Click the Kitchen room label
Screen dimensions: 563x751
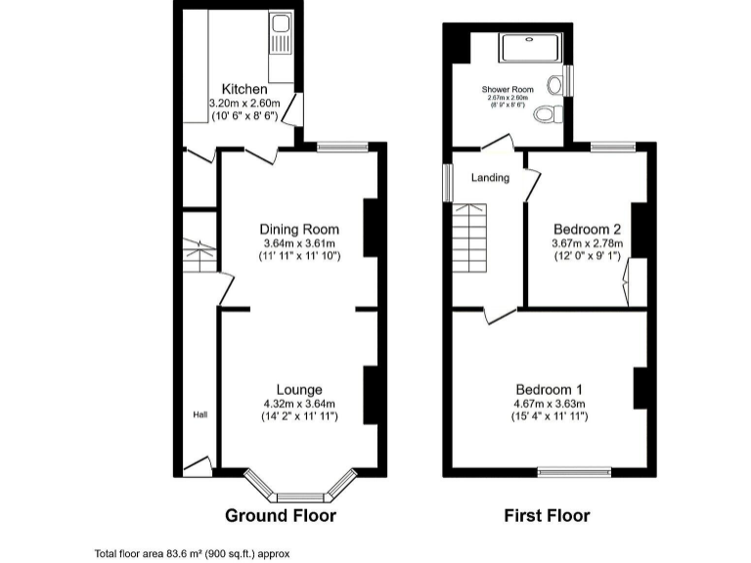(x=243, y=90)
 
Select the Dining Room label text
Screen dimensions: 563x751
(x=298, y=230)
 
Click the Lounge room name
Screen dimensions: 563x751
(x=298, y=390)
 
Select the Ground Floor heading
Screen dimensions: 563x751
(x=281, y=516)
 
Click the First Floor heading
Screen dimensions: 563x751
(x=547, y=516)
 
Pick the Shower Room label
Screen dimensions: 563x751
(x=506, y=89)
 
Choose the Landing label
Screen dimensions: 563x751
(x=490, y=178)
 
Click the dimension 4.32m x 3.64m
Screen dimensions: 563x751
(x=298, y=405)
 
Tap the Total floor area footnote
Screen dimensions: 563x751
(x=192, y=553)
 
